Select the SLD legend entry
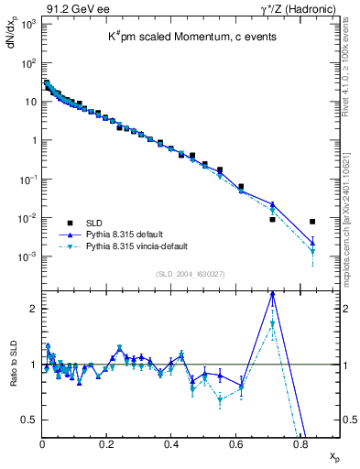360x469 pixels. [x=94, y=222]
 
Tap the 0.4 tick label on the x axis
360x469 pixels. [x=171, y=444]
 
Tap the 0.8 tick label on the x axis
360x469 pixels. [x=300, y=444]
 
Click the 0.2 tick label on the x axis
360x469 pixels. [x=106, y=444]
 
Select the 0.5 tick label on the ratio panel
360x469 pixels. [x=29, y=420]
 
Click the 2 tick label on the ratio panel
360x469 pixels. [x=33, y=309]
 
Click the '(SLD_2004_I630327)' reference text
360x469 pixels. [x=192, y=274]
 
